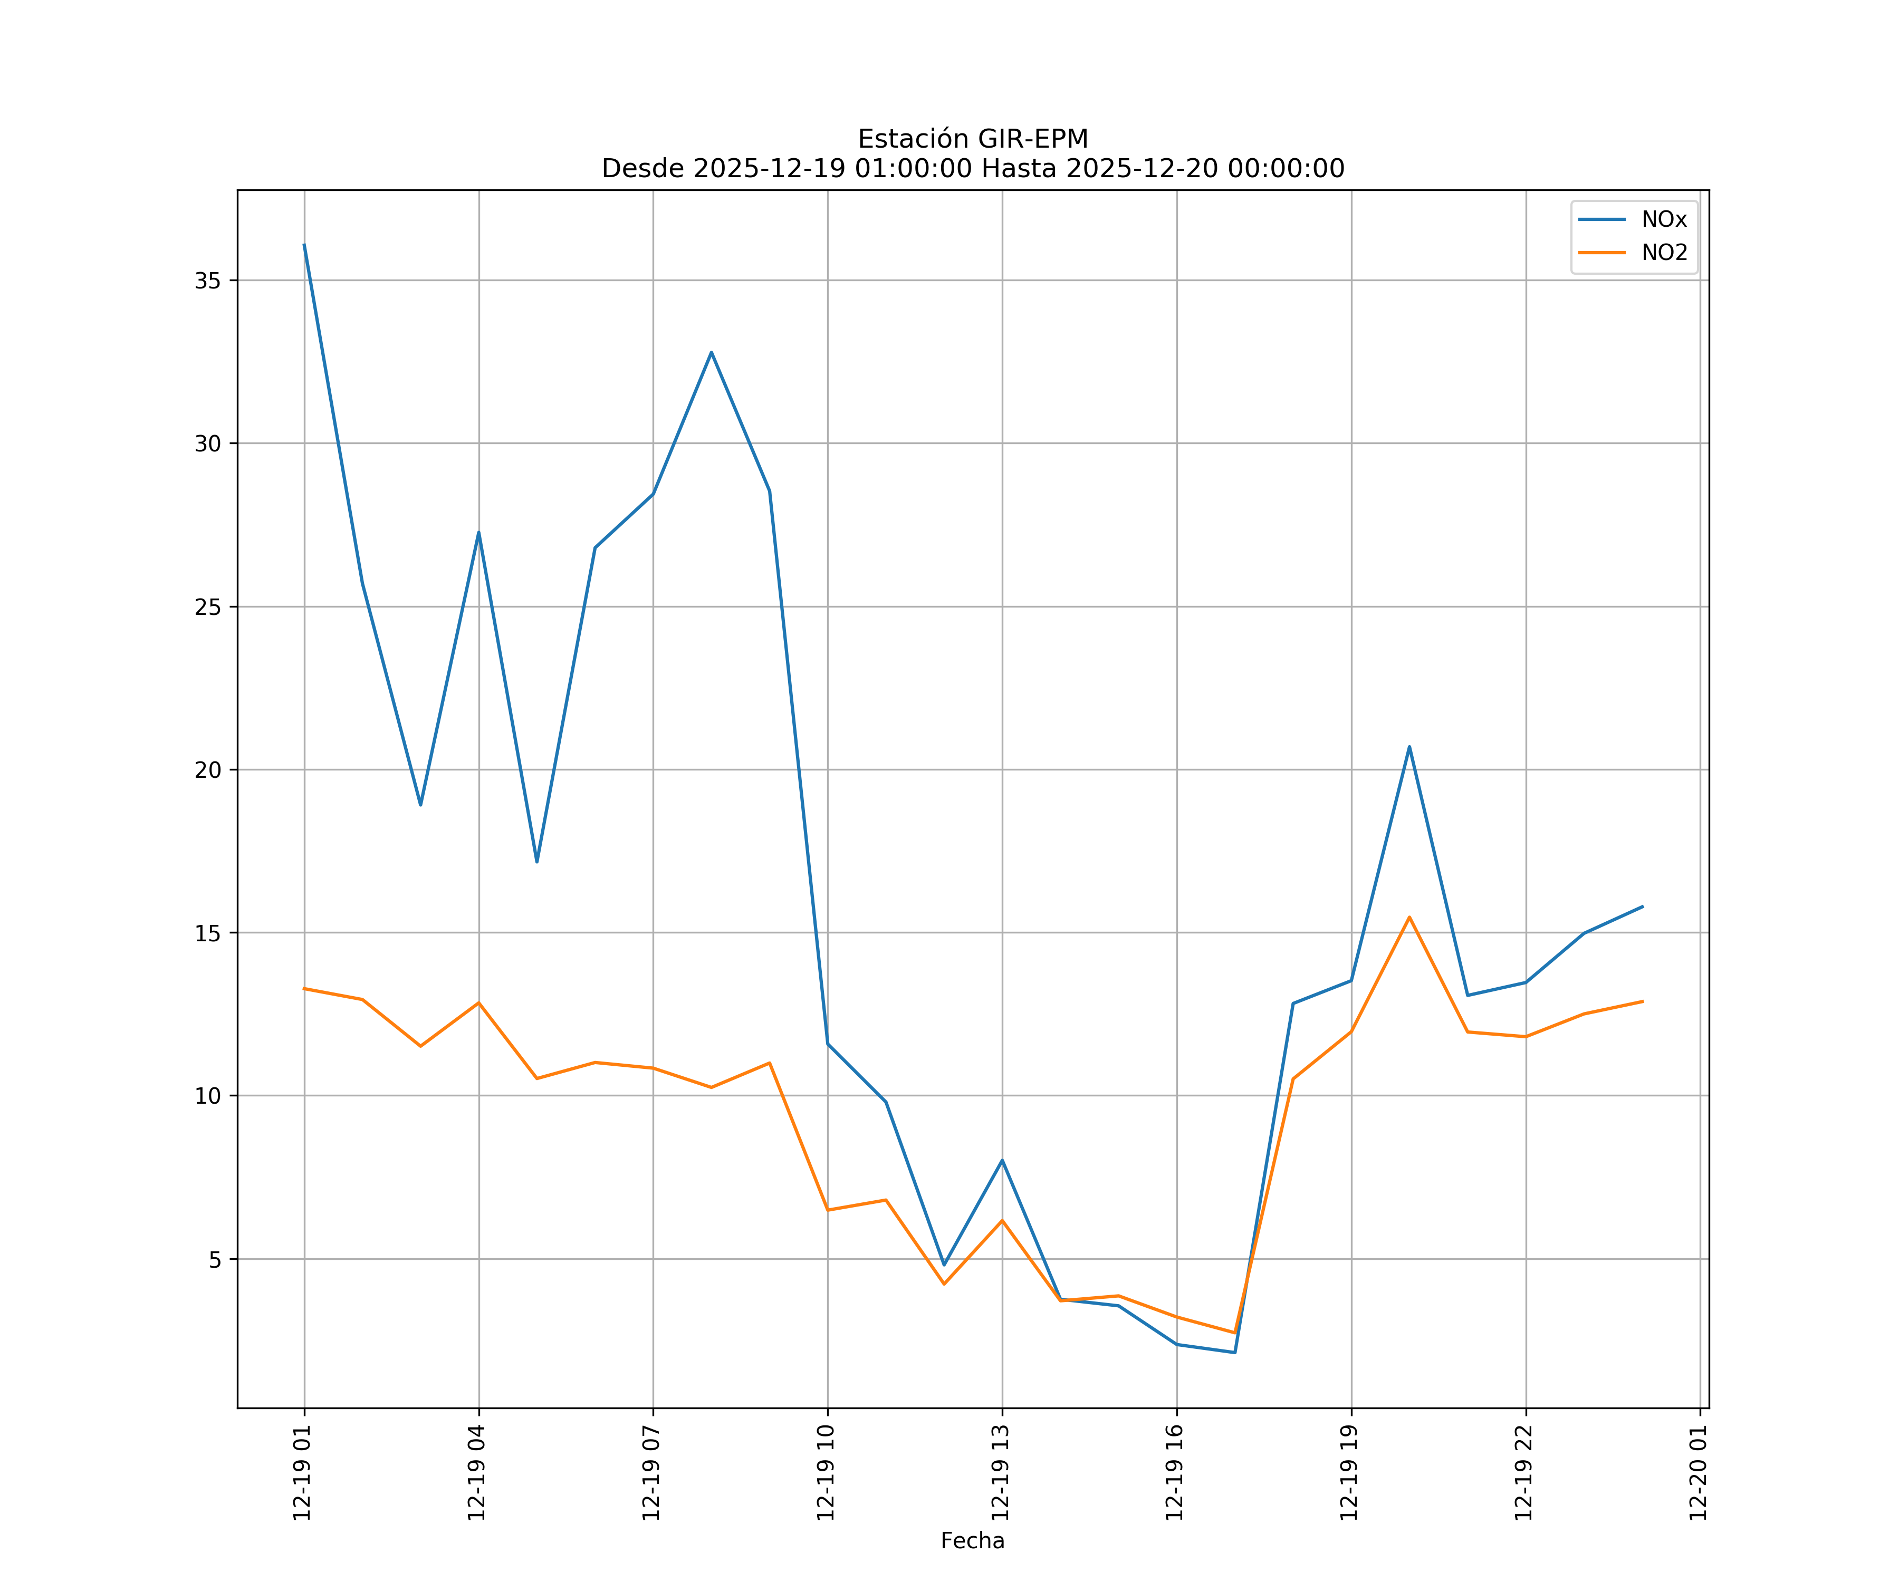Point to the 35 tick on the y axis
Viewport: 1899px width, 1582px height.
click(208, 280)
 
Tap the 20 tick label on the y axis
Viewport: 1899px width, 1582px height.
click(208, 770)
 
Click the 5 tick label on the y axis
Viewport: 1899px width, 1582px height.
click(214, 1259)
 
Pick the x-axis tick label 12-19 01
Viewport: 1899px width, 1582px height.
click(302, 1473)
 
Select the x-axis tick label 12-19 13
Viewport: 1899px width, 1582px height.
click(1000, 1473)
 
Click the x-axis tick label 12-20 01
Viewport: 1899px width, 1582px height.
click(1698, 1473)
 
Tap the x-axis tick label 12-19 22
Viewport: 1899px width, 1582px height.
click(1524, 1473)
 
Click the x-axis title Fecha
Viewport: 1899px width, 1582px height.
click(972, 1540)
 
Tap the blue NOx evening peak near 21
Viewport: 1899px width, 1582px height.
click(1409, 747)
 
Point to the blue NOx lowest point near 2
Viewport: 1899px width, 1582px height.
click(1234, 1353)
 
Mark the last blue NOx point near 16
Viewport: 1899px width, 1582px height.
click(1642, 906)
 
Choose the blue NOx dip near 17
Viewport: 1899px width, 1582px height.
click(536, 862)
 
